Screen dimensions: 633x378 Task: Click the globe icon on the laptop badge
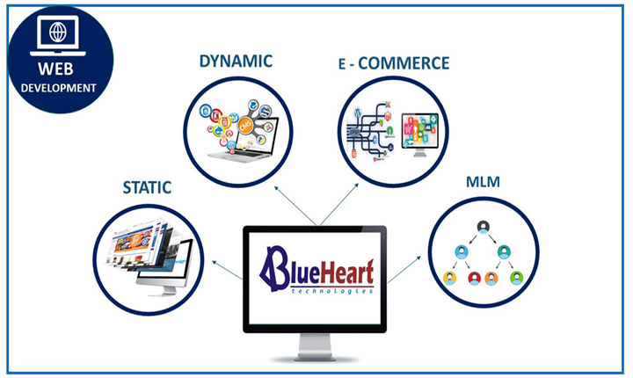[x=58, y=33]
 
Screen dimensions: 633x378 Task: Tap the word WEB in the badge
[x=55, y=69]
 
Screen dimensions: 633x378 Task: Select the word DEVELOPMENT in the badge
[x=59, y=88]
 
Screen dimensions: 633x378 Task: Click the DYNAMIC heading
[x=236, y=61]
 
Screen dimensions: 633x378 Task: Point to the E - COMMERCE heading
[x=394, y=63]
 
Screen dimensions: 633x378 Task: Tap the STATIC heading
[x=147, y=187]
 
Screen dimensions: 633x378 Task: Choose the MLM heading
[x=483, y=182]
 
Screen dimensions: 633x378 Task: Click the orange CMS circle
[x=246, y=126]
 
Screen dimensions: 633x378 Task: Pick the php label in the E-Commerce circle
[x=354, y=132]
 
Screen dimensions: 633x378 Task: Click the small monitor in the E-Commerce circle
[x=420, y=134]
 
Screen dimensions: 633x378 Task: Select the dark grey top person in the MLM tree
[x=484, y=227]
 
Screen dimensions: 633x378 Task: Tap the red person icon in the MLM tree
[x=474, y=278]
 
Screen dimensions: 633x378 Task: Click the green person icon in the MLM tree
[x=516, y=278]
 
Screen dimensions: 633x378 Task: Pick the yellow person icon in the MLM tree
[x=449, y=278]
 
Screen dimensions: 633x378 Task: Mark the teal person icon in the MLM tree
[x=504, y=251]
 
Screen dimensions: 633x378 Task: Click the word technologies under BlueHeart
[x=332, y=291]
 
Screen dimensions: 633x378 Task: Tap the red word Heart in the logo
[x=346, y=272]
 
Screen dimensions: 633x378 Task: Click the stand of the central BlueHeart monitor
[x=315, y=347]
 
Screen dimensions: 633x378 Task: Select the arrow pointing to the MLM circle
[x=404, y=270]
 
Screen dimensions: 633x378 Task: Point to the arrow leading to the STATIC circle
[x=228, y=270]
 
